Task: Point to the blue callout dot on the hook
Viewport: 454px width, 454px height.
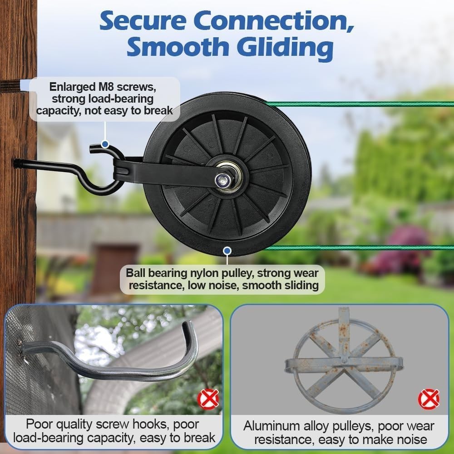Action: coord(105,144)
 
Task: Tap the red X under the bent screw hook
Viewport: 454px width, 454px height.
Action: coord(208,399)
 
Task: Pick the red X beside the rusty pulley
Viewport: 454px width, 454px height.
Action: coord(428,399)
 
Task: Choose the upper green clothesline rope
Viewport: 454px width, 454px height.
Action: coord(363,104)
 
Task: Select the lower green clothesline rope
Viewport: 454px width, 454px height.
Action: coord(363,248)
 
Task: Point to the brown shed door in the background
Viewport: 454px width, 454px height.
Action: coord(114,268)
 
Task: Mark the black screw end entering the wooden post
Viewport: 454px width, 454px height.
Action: coord(18,163)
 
